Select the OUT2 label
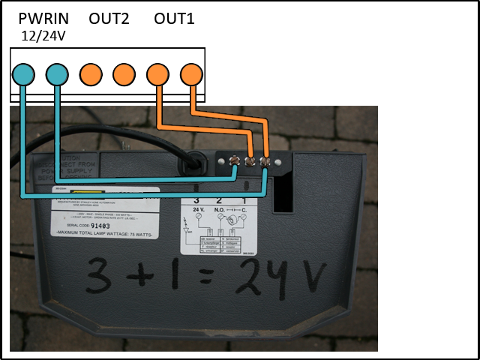(109, 19)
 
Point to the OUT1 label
(174, 19)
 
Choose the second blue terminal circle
(57, 74)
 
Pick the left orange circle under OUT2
(91, 74)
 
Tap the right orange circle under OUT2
(124, 74)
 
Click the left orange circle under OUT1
(157, 74)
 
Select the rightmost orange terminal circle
(191, 74)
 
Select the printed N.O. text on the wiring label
(219, 209)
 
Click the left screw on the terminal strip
(235, 161)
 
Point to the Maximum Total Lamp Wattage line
(104, 233)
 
